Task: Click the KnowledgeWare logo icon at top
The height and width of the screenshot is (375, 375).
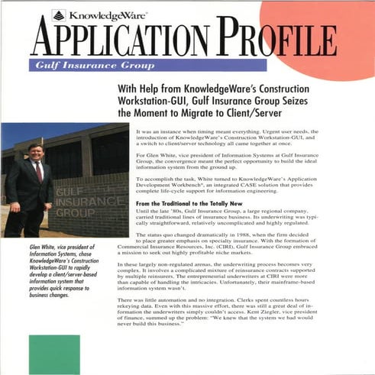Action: tap(58, 14)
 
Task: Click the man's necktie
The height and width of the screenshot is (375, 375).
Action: tap(37, 171)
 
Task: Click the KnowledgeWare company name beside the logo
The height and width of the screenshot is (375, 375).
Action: tap(98, 14)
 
